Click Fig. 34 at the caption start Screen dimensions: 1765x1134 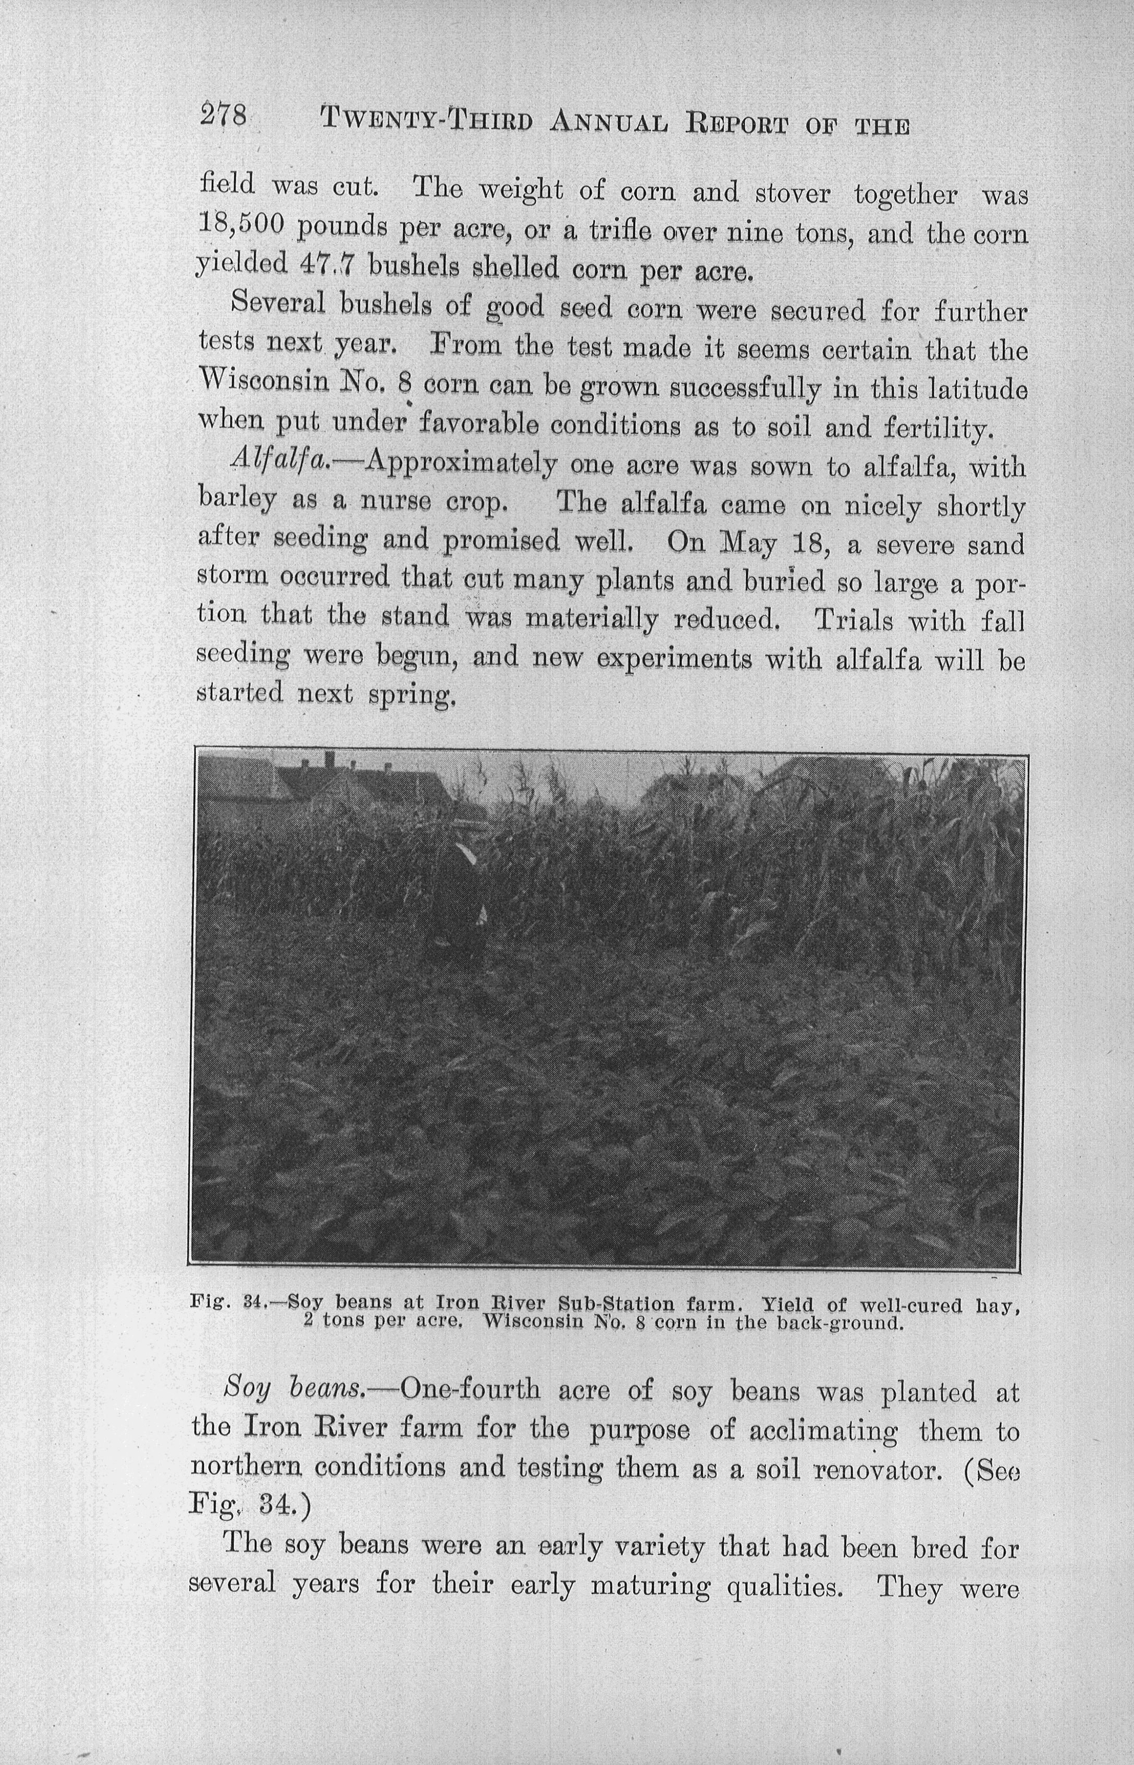point(223,1303)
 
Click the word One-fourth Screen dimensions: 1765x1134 point(469,1390)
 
